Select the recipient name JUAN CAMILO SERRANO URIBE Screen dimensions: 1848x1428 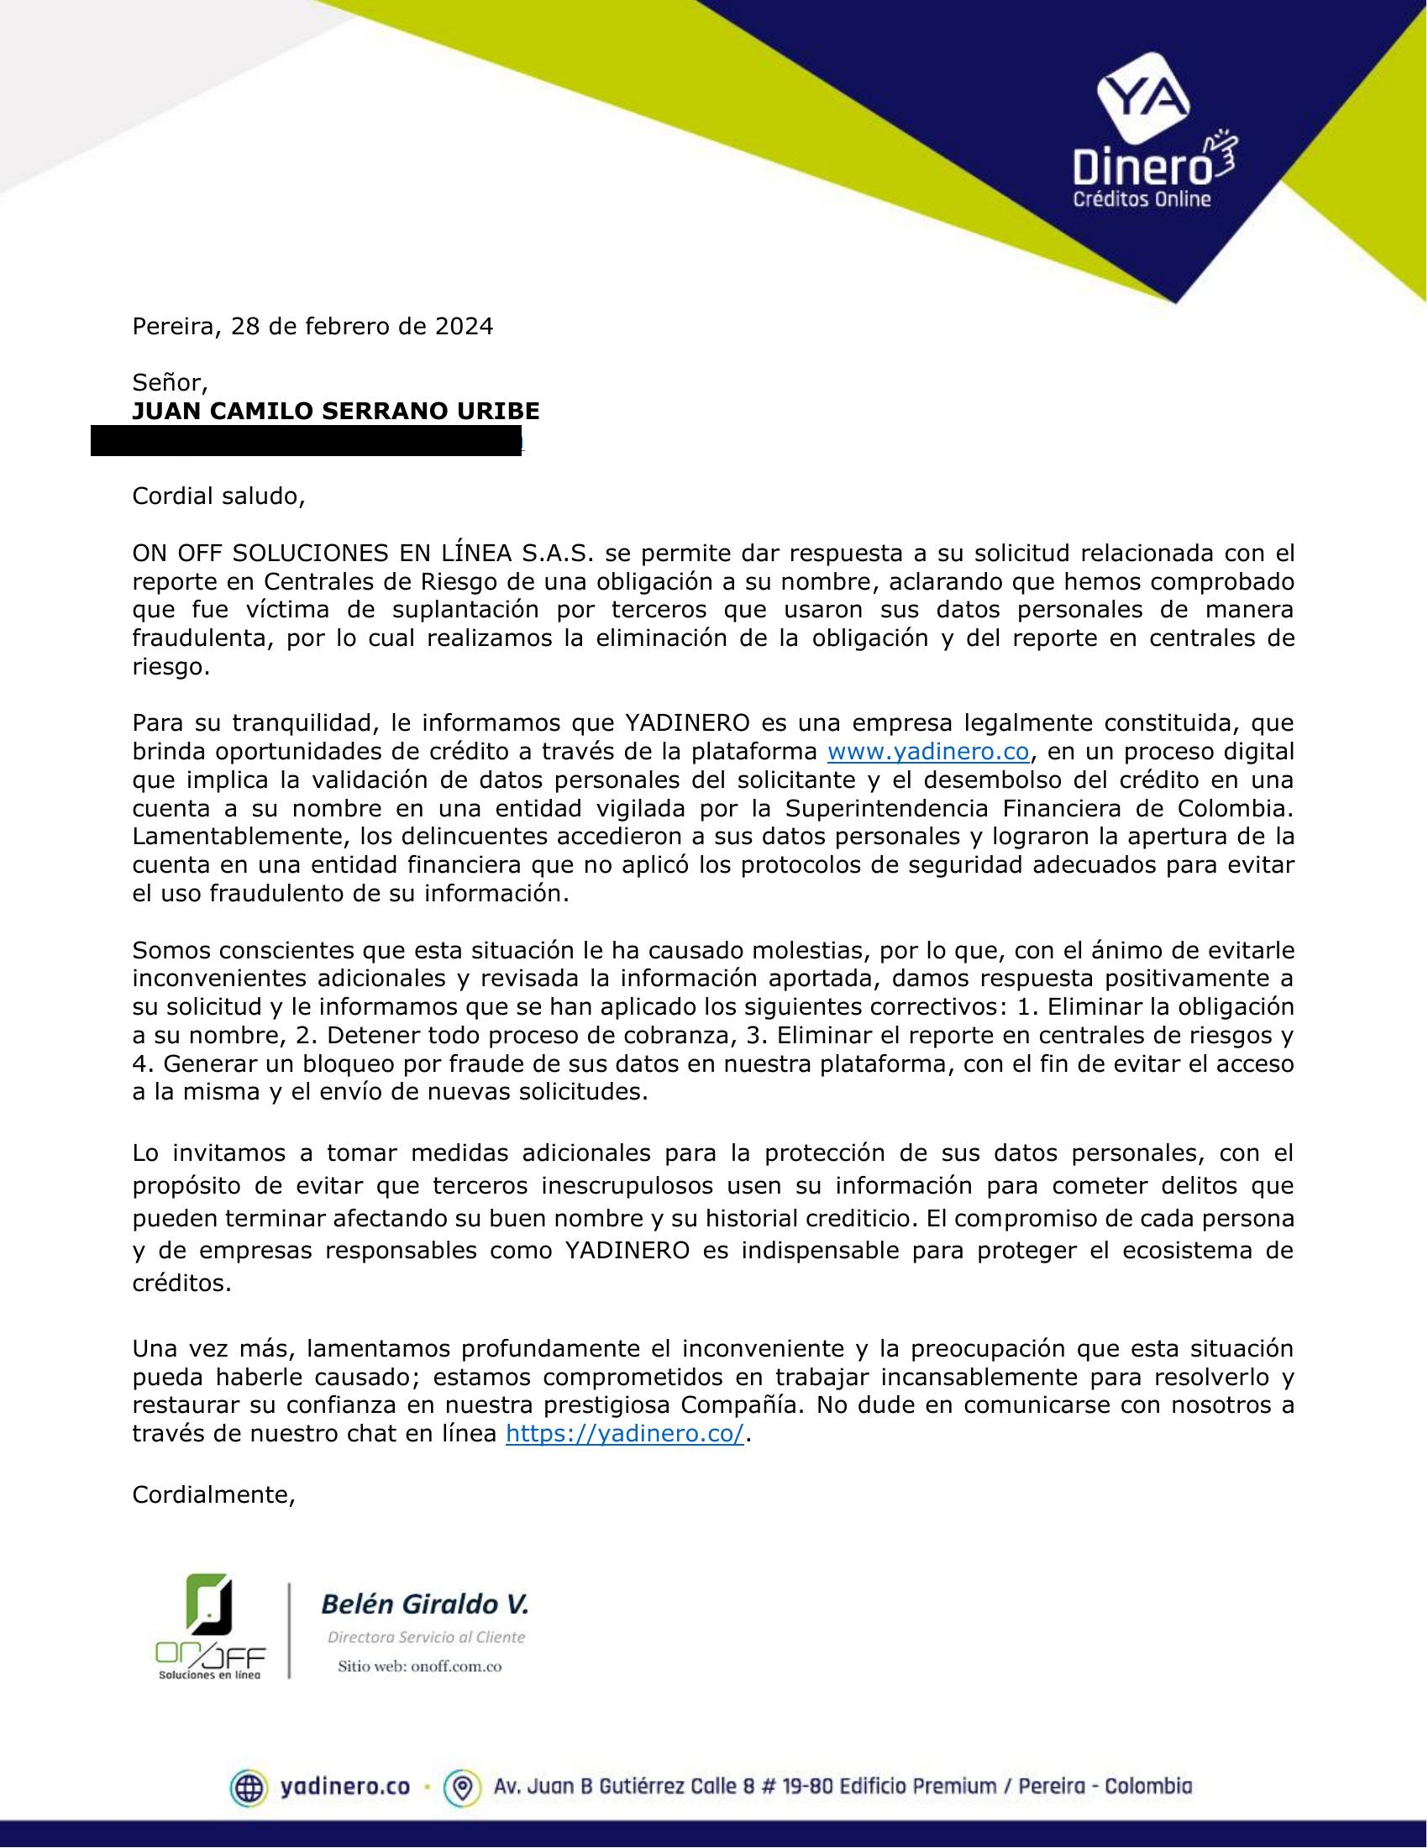[335, 412]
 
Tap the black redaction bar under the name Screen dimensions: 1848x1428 [307, 441]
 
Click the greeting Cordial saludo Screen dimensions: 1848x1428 [218, 496]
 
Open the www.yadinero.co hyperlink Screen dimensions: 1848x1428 [927, 752]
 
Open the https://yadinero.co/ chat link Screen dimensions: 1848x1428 [624, 1434]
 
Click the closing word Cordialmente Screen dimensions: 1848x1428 [213, 1495]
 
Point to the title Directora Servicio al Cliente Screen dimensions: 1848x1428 [427, 1637]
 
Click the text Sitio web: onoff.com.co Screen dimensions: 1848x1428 [420, 1666]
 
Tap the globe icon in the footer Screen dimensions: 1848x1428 [249, 1787]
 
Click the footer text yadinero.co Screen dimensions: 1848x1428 [344, 1787]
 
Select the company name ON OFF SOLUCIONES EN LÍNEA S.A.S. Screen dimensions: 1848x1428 [365, 554]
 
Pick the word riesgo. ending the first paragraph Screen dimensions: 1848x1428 [170, 667]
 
